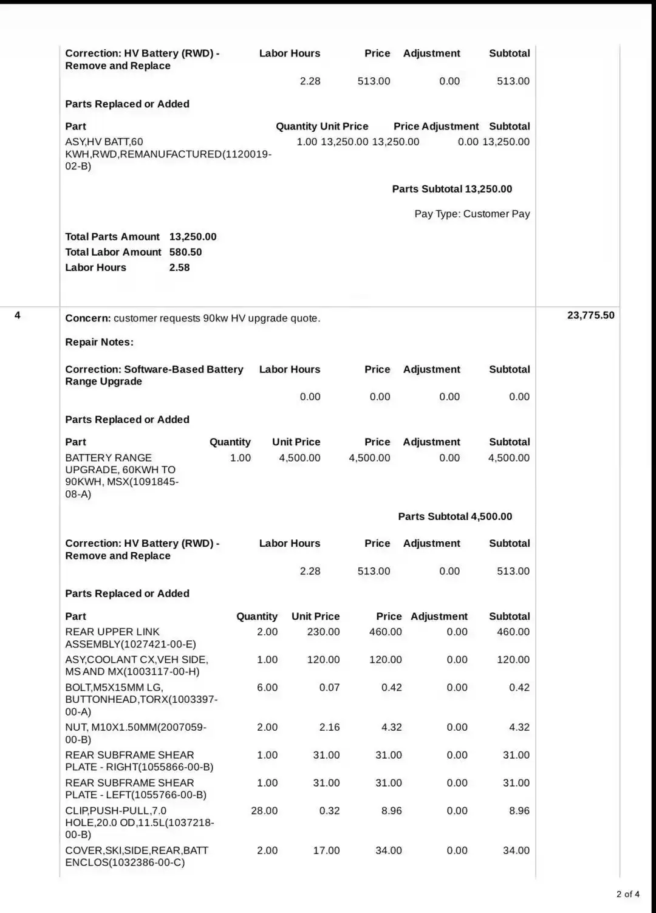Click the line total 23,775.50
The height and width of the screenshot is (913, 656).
(x=590, y=315)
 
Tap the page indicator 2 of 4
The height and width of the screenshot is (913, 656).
(x=627, y=894)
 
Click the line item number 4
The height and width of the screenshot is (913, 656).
(x=18, y=315)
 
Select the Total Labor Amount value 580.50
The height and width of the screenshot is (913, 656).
(x=185, y=252)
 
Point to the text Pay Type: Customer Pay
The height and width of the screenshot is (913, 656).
(x=472, y=214)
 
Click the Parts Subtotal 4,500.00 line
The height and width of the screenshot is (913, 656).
(x=455, y=516)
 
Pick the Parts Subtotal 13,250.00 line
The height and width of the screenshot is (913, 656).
(x=452, y=189)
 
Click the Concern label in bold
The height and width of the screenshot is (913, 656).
(x=87, y=318)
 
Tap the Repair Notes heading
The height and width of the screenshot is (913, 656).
(x=99, y=342)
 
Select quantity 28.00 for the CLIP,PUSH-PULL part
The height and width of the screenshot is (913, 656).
(x=264, y=810)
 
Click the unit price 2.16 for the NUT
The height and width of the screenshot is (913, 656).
(x=329, y=727)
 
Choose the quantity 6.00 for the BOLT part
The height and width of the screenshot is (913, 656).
(x=267, y=688)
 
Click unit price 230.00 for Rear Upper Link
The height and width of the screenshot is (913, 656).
(x=323, y=632)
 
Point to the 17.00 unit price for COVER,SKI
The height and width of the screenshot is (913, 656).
(x=326, y=850)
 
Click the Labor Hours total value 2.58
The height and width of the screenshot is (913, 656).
(x=179, y=267)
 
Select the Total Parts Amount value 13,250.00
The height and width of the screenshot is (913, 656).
(x=193, y=237)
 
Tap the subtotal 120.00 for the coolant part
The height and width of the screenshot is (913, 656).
(x=513, y=660)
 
